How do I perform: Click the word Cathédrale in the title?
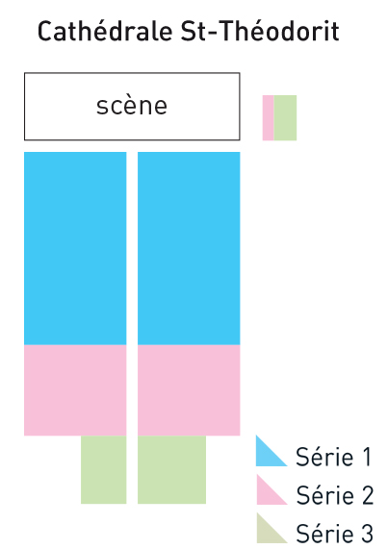105,31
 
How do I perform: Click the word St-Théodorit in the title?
260,31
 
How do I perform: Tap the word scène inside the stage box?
132,106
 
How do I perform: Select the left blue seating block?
75,248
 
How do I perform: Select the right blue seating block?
189,248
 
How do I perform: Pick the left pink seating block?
75,390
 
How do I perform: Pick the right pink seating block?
189,390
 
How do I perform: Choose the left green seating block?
104,469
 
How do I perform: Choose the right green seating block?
171,469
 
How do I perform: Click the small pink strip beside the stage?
268,117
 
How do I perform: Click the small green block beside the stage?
285,117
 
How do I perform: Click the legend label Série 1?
333,457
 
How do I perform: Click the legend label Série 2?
335,495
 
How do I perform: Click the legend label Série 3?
335,533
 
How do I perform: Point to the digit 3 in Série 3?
367,533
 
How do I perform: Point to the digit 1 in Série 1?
367,457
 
